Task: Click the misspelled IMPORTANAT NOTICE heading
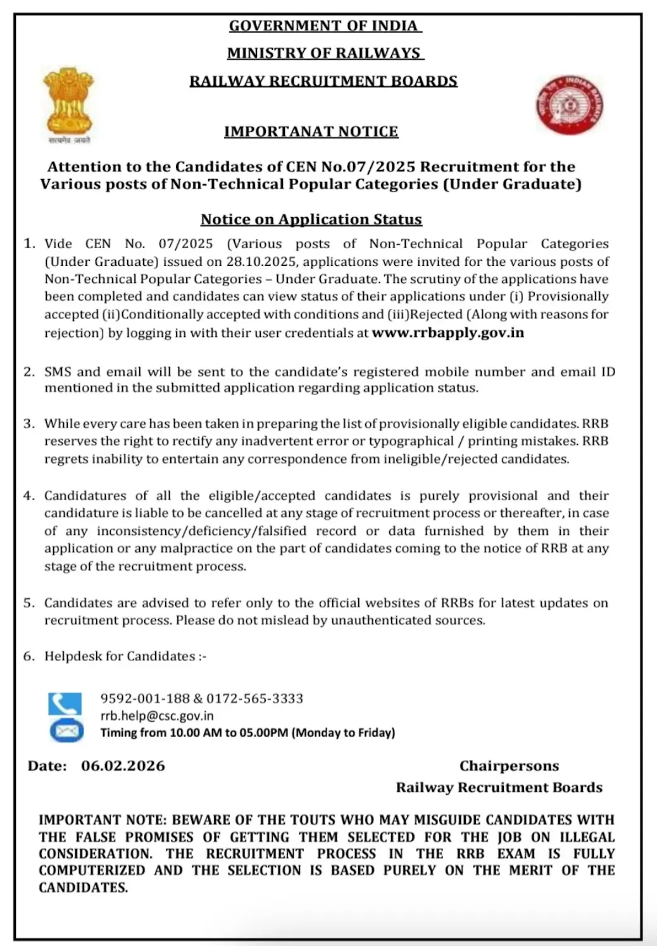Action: pyautogui.click(x=311, y=132)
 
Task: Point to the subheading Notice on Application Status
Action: pyautogui.click(x=311, y=220)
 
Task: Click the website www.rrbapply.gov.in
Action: pyautogui.click(x=447, y=332)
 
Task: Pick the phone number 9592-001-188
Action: pyautogui.click(x=145, y=698)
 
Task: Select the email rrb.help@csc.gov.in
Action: pyautogui.click(x=157, y=716)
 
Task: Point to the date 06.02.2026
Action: pyautogui.click(x=123, y=766)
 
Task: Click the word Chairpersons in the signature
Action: pyautogui.click(x=509, y=766)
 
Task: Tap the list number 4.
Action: pyautogui.click(x=28, y=496)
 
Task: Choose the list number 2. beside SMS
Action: pyautogui.click(x=28, y=372)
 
